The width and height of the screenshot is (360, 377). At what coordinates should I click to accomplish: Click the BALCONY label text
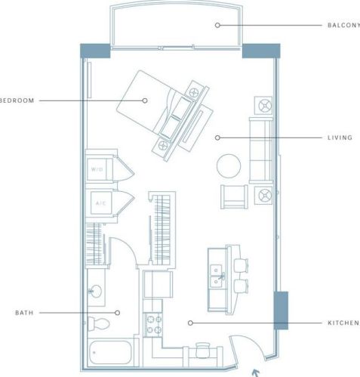(343, 25)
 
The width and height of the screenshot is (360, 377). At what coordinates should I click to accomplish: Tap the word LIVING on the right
(340, 138)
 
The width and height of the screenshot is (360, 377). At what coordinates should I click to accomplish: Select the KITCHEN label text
(343, 323)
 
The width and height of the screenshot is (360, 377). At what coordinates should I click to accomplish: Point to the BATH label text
(23, 312)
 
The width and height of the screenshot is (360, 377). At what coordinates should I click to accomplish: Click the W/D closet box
(98, 169)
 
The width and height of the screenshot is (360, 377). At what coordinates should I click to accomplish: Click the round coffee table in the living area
(229, 165)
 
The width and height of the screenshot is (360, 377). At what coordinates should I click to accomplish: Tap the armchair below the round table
(232, 196)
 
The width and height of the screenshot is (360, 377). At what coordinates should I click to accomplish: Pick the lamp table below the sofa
(265, 196)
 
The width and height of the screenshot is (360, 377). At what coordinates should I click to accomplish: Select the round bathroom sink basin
(96, 291)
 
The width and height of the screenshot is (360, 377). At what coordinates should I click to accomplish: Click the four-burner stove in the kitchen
(153, 324)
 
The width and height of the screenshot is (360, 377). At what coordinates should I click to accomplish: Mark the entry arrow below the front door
(255, 371)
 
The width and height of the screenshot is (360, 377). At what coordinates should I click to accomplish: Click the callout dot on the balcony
(217, 25)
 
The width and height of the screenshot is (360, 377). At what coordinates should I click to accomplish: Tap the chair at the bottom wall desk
(202, 348)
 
